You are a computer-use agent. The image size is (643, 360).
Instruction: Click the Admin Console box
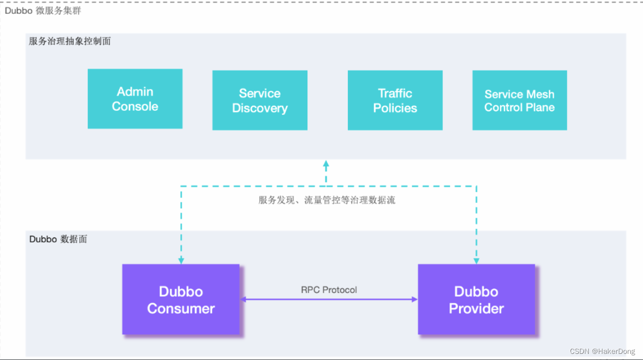[x=135, y=99]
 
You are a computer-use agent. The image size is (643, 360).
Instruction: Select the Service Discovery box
[x=259, y=100]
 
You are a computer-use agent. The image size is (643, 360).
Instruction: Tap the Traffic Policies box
[x=395, y=100]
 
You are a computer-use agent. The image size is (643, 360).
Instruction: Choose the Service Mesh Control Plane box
[x=519, y=100]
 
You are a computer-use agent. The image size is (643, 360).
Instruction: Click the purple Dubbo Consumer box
[x=181, y=299]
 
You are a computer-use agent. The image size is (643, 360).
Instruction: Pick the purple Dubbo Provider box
[x=476, y=299]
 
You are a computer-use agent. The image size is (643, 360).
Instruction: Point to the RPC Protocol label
[x=329, y=290]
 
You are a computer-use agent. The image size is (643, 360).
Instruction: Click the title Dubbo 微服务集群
[x=43, y=10]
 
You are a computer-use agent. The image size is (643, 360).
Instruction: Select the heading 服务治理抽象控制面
[x=70, y=41]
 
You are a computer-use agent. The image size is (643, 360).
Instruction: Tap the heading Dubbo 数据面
[x=58, y=239]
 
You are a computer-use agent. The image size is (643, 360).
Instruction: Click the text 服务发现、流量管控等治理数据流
[x=327, y=200]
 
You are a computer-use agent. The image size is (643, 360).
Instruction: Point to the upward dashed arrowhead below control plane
[x=326, y=165]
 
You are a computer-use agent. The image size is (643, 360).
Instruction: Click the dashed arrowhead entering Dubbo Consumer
[x=181, y=260]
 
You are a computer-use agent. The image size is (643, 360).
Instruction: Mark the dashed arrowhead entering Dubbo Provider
[x=476, y=260]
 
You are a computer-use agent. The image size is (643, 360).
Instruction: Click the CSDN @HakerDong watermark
[x=602, y=351]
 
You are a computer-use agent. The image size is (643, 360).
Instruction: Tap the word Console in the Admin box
[x=135, y=107]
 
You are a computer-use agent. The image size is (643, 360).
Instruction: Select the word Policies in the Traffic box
[x=395, y=108]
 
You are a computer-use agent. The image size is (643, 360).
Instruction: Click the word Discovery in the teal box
[x=259, y=108]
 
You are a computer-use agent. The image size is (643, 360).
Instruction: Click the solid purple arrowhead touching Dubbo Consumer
[x=244, y=299]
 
